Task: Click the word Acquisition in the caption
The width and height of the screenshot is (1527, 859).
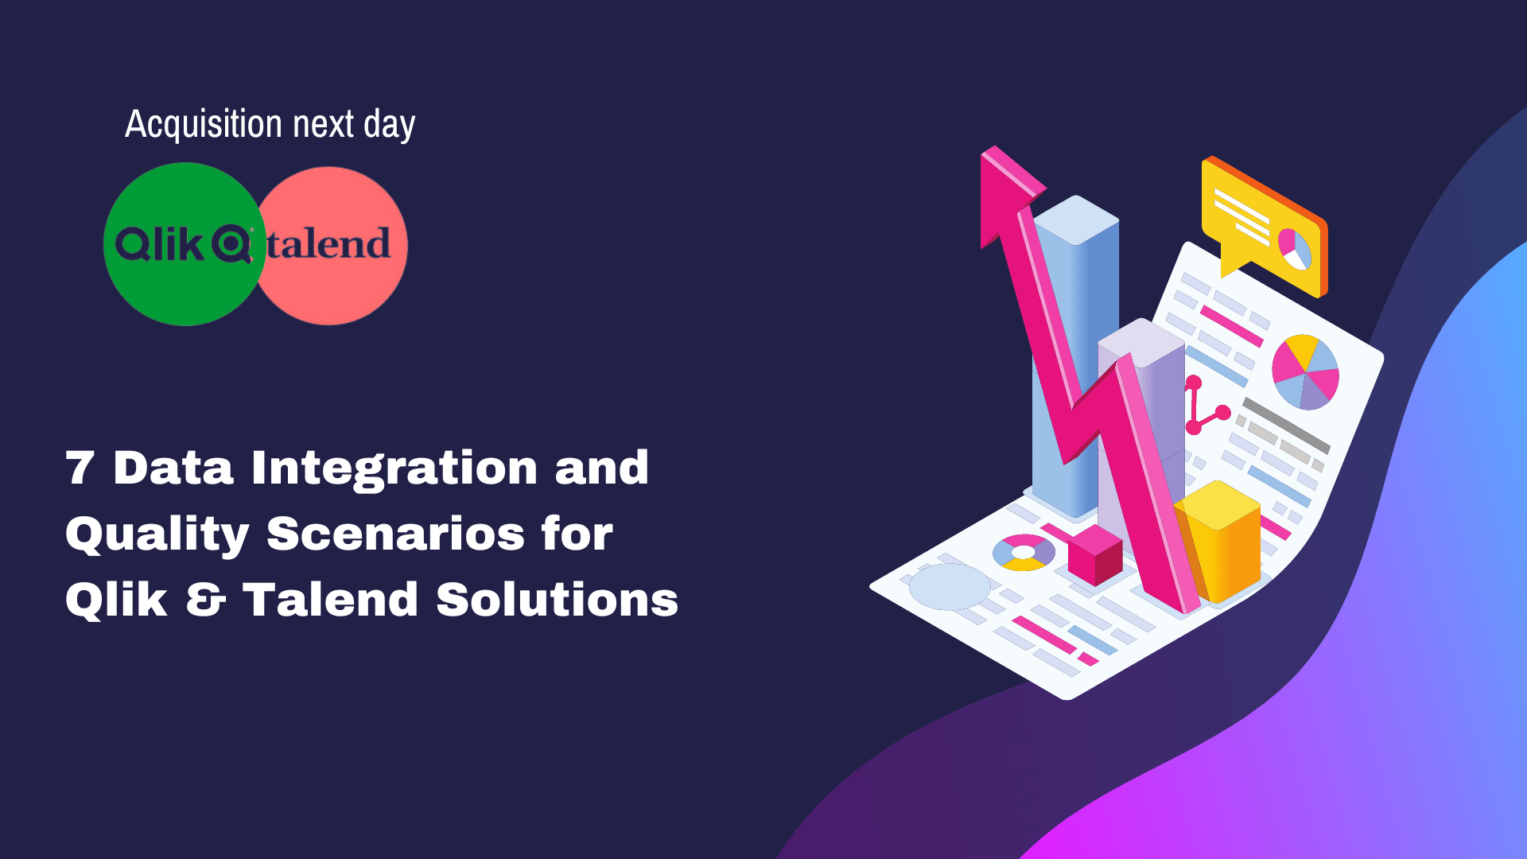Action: click(x=204, y=125)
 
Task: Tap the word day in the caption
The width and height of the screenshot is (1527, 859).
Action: click(x=389, y=126)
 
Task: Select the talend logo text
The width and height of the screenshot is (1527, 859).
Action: click(x=328, y=244)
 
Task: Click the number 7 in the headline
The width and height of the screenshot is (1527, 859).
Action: click(x=80, y=468)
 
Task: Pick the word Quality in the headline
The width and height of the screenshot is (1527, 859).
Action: click(x=157, y=534)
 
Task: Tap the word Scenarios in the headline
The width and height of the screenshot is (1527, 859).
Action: click(x=395, y=534)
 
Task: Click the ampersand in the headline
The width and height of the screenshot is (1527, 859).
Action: click(x=205, y=600)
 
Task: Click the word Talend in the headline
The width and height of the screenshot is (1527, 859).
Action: click(x=330, y=600)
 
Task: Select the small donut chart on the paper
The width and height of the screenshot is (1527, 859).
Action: click(x=1024, y=552)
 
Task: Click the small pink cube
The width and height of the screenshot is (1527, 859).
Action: click(x=1094, y=554)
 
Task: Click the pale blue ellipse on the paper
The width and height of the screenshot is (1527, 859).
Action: click(x=949, y=587)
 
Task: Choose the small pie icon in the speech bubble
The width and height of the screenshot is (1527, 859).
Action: click(x=1294, y=248)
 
